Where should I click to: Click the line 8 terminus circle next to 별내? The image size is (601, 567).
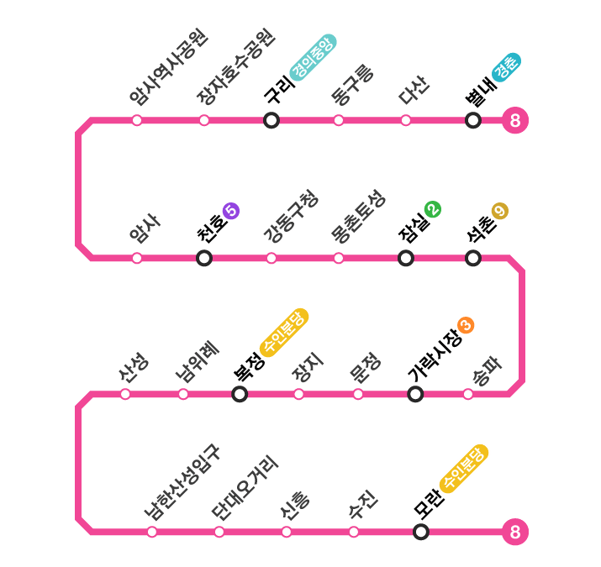514,121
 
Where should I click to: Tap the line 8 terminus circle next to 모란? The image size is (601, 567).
514,532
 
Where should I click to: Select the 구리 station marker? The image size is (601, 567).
272,120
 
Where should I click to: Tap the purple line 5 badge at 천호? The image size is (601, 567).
231,211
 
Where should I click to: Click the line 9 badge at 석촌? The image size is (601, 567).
500,211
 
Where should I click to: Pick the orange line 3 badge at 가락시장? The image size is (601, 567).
466,325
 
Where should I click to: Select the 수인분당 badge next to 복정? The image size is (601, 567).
285,332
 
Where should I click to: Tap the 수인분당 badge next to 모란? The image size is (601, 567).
464,468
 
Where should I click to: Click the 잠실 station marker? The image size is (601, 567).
406,258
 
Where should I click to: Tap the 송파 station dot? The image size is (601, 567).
468,394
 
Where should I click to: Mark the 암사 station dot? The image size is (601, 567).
137,258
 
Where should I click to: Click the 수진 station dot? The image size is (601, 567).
354,532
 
